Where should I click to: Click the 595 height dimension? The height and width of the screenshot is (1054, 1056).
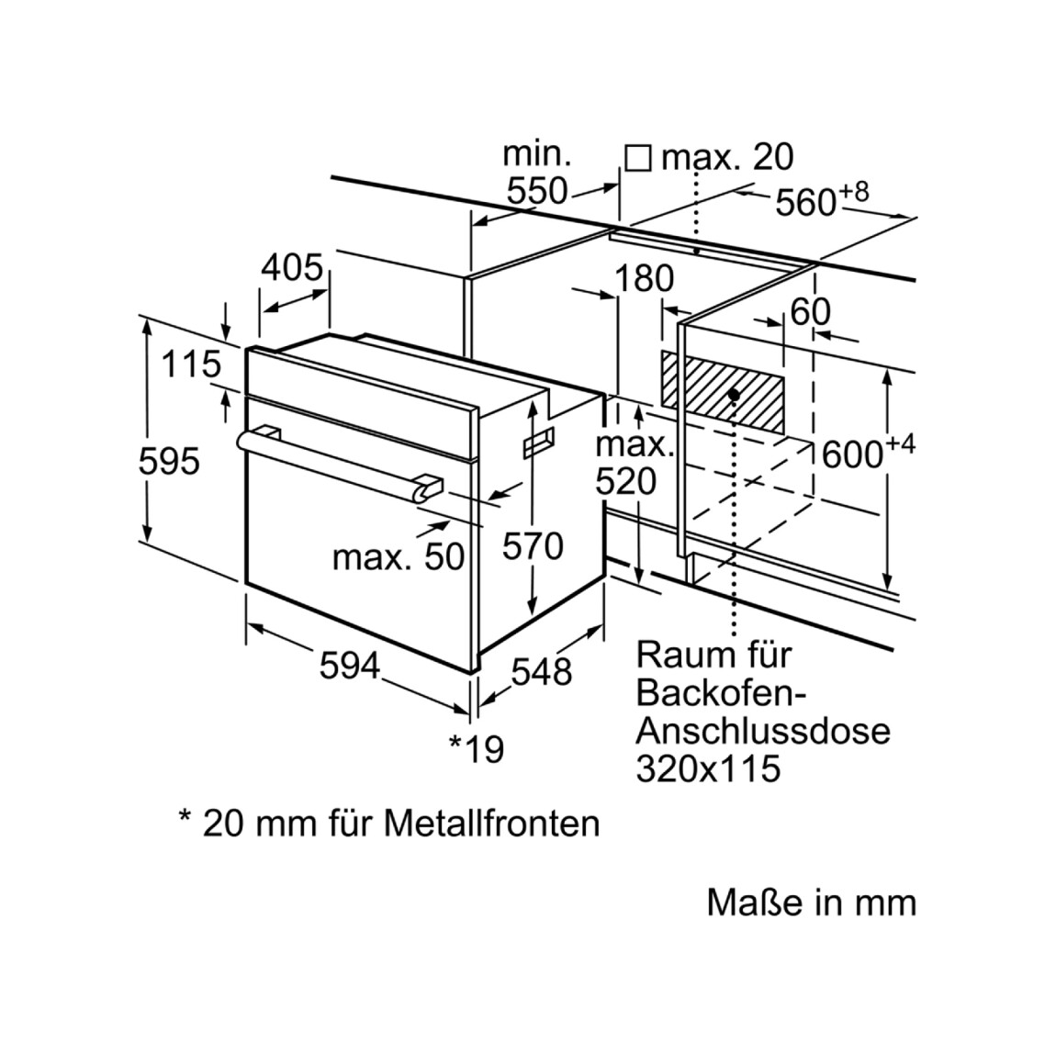point(169,462)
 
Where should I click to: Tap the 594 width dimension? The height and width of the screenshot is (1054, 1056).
point(350,667)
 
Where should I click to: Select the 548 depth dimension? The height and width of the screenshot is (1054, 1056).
point(542,671)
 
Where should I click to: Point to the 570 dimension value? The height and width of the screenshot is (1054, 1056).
point(533,545)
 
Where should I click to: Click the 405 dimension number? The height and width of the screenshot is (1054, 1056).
point(292,267)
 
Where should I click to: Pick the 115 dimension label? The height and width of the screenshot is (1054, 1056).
point(191,364)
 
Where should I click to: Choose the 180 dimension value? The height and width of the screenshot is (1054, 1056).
point(644,278)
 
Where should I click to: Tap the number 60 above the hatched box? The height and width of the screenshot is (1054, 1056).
point(811,312)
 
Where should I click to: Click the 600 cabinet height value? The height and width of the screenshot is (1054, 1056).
point(853,455)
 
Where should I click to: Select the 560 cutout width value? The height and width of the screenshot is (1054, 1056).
point(806,202)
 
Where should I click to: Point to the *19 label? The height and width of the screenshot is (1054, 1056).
point(477,749)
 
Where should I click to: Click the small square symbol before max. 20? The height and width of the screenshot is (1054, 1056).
point(638,159)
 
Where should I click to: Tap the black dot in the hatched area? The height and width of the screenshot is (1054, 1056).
point(735,396)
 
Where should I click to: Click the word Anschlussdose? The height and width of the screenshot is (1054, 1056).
point(764,732)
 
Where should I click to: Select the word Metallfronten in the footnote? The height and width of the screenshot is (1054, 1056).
point(492,823)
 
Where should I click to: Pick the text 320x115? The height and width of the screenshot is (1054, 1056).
point(709,768)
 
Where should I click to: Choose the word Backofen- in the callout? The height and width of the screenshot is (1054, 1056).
point(722,694)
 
